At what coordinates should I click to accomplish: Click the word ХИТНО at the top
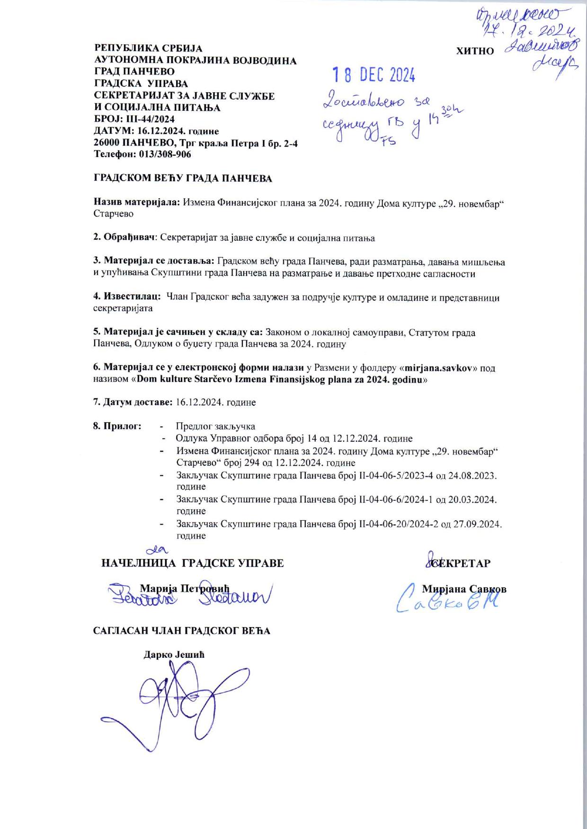[x=475, y=51]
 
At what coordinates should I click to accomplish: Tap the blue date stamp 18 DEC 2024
[x=374, y=75]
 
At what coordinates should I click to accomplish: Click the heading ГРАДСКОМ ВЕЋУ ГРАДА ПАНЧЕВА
[x=183, y=178]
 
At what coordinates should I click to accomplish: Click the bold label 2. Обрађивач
[x=125, y=238]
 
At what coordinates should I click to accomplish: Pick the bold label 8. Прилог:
[x=117, y=426]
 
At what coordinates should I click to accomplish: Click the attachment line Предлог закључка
[x=215, y=426]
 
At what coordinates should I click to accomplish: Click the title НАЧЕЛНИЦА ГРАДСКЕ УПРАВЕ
[x=193, y=563]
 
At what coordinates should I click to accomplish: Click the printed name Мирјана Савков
[x=464, y=589]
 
